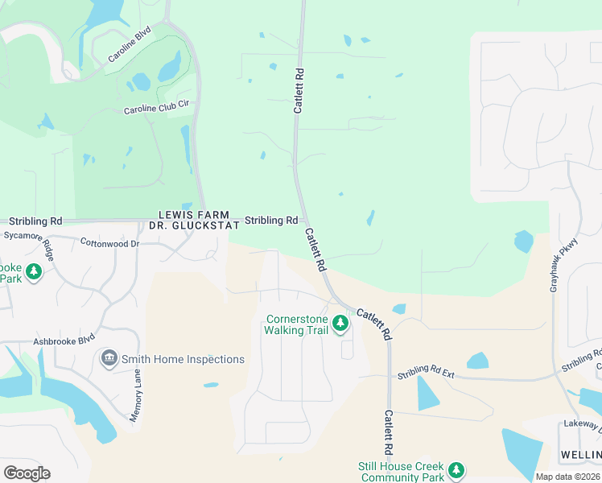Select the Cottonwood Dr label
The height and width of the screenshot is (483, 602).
(x=109, y=242)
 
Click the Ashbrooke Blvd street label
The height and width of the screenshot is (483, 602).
(x=64, y=341)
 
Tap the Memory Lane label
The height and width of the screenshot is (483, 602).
(x=136, y=394)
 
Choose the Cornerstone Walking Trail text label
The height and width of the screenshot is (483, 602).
(x=296, y=324)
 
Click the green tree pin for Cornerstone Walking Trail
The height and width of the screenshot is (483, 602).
(x=340, y=324)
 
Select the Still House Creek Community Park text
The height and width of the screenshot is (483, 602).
(x=400, y=472)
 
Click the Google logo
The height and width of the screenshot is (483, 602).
(x=27, y=473)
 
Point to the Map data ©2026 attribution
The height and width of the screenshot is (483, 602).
(x=567, y=477)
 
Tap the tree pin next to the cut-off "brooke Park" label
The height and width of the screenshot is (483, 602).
(x=33, y=272)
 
